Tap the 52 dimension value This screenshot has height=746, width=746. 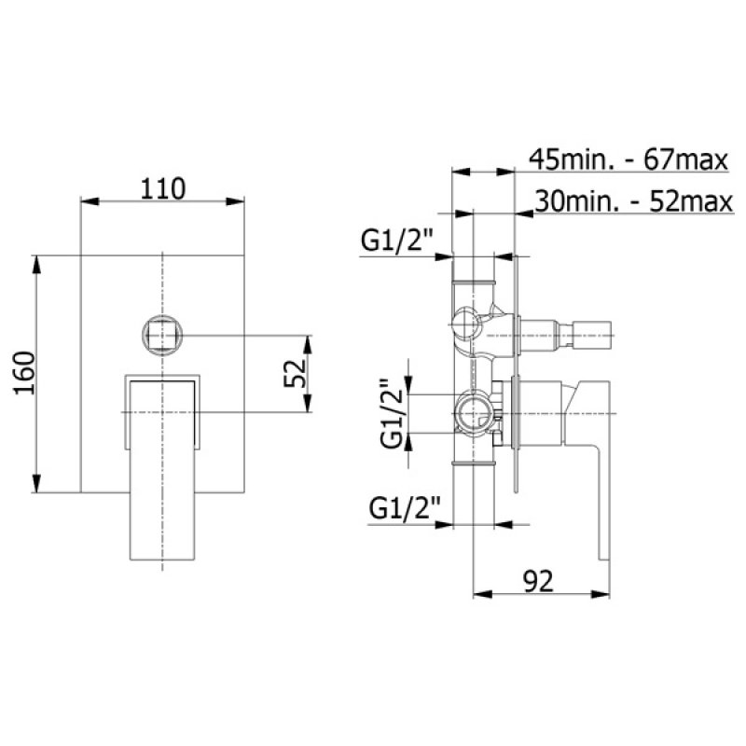[x=295, y=374]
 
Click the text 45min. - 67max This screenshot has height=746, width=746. [x=627, y=159]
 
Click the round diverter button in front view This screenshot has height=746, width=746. [x=162, y=334]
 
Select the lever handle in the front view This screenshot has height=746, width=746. [x=163, y=466]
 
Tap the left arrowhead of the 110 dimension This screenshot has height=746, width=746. [x=87, y=200]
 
